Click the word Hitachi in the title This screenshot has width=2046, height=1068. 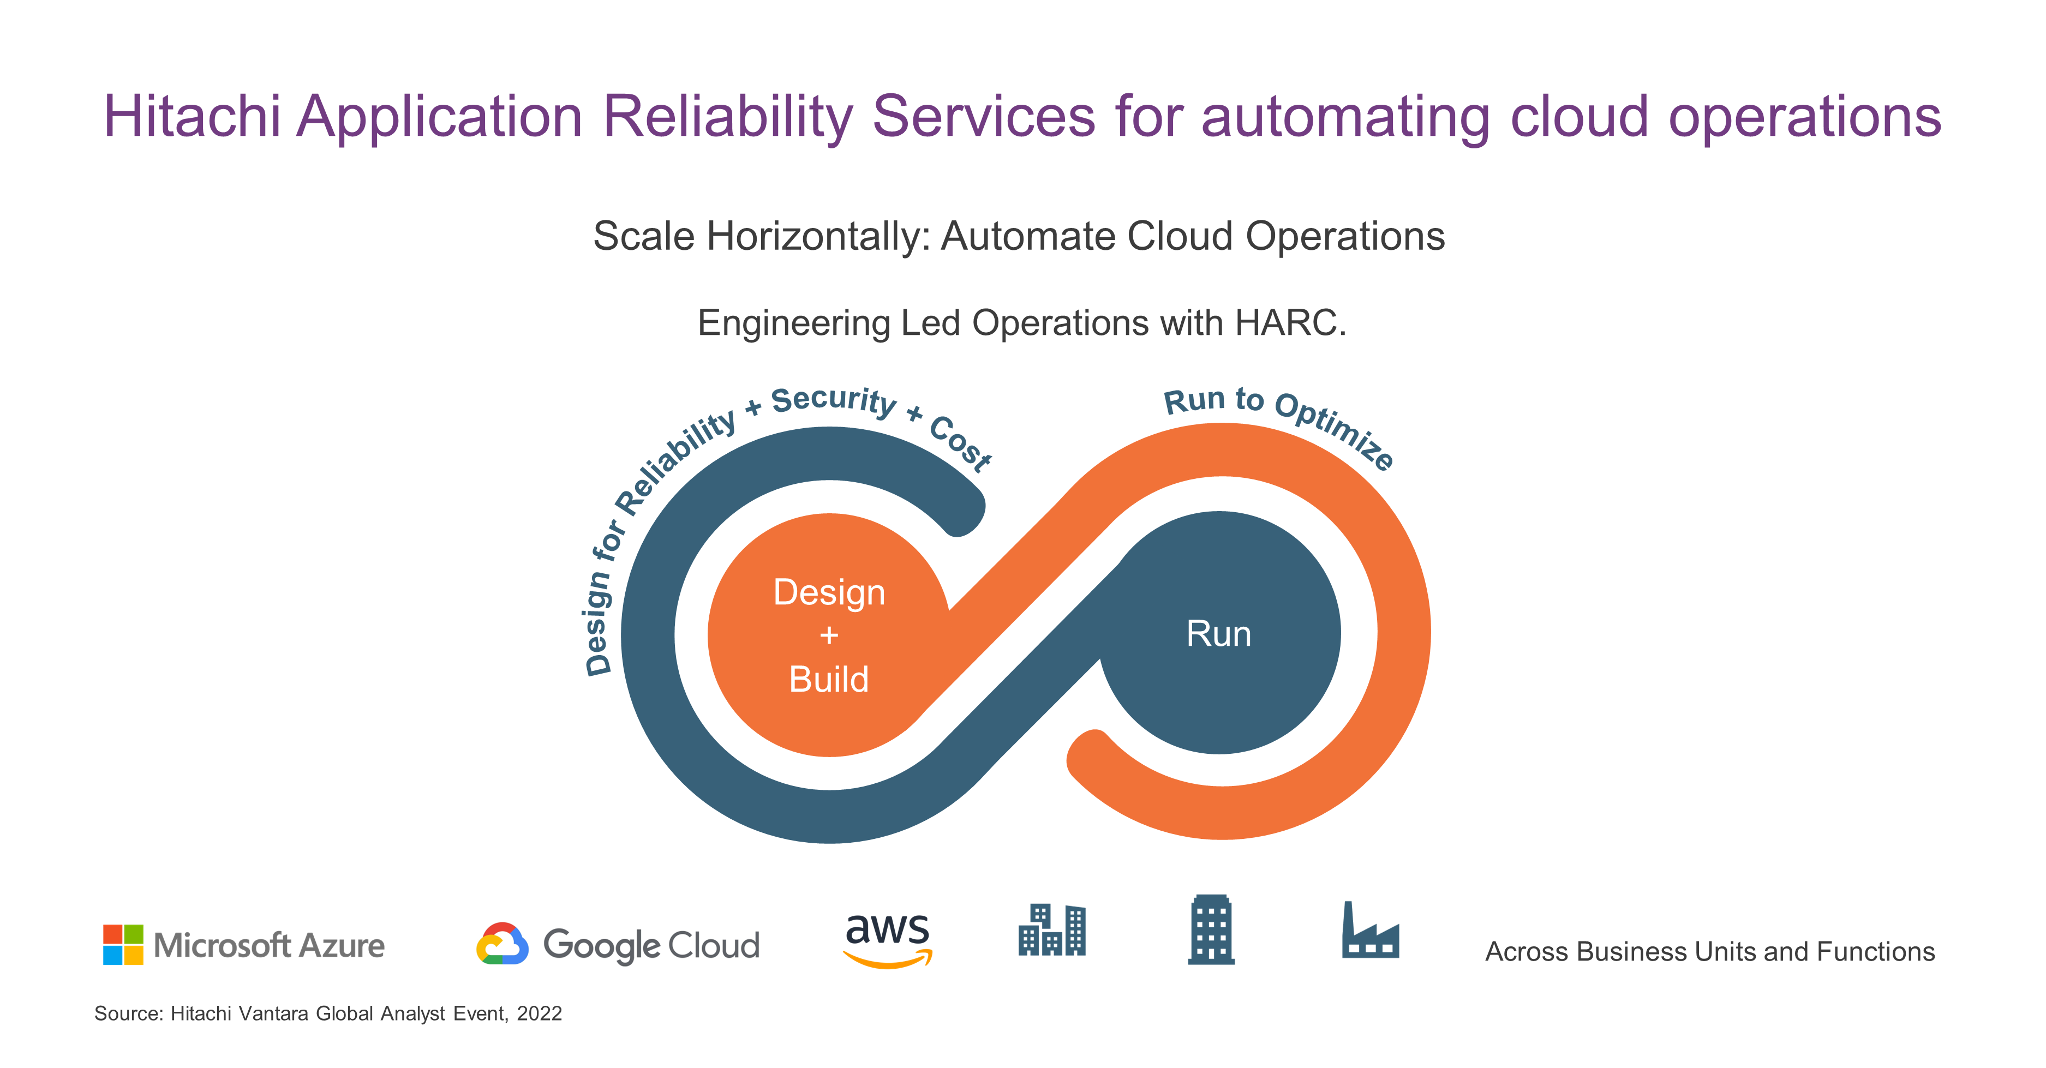pyautogui.click(x=192, y=117)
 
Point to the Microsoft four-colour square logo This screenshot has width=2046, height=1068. pyautogui.click(x=123, y=944)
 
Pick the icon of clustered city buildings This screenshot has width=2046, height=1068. pyautogui.click(x=1051, y=930)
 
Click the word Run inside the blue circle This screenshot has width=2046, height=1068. pyautogui.click(x=1218, y=634)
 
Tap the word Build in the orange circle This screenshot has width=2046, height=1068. pyautogui.click(x=828, y=680)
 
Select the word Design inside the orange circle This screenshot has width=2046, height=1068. pyautogui.click(x=829, y=593)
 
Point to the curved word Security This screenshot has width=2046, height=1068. pyautogui.click(x=834, y=401)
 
